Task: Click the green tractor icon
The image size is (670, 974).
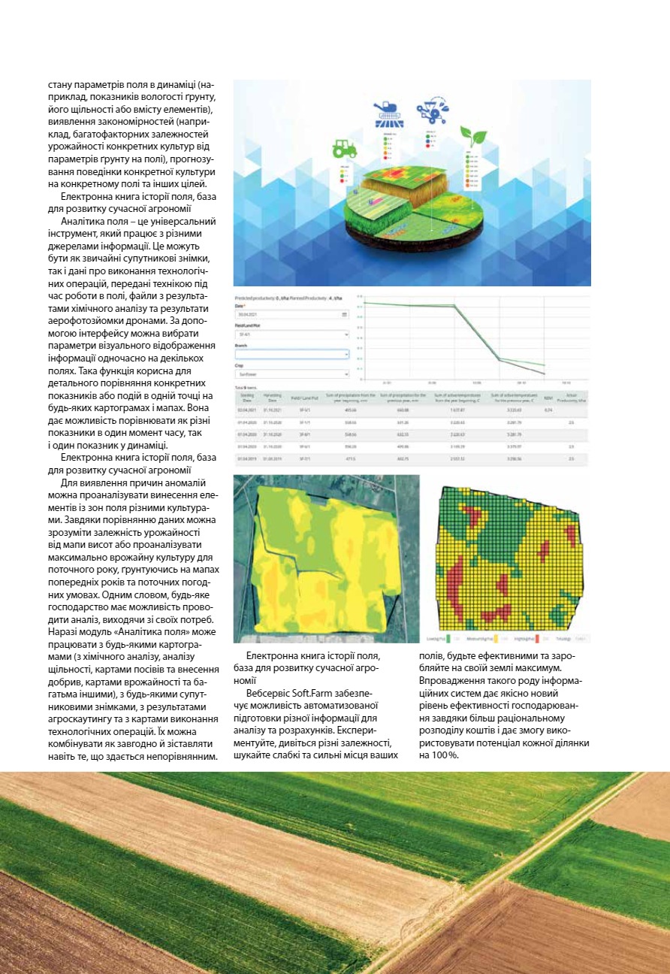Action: point(346,145)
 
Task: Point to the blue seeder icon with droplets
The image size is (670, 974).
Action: point(432,107)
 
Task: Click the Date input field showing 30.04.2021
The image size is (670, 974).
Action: point(291,314)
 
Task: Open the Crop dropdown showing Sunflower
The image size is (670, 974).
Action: point(291,374)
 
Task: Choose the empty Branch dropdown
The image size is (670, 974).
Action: point(291,354)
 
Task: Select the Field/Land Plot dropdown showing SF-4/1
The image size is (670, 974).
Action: point(291,334)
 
